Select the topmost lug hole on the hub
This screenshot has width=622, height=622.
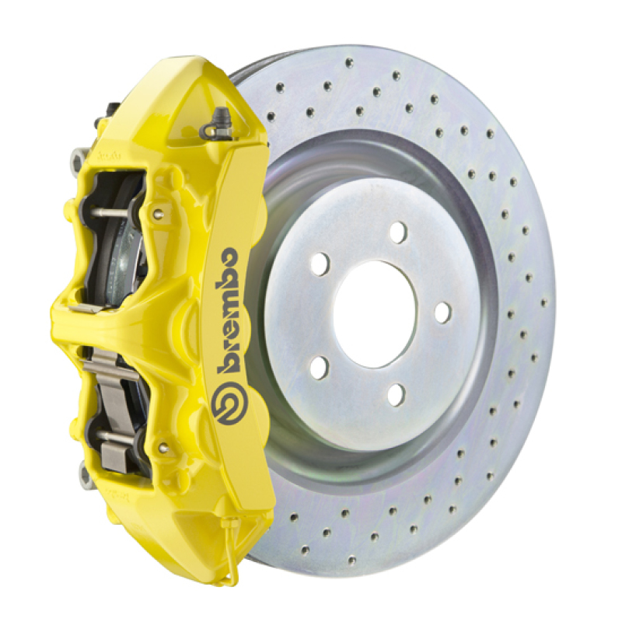(x=398, y=232)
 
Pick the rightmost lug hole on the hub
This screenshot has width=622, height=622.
(x=442, y=313)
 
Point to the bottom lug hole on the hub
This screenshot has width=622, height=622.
(x=397, y=394)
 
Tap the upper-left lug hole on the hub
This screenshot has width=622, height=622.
(x=320, y=264)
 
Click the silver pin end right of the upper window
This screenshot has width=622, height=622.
(x=158, y=215)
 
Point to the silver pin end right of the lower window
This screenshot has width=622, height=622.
(x=162, y=448)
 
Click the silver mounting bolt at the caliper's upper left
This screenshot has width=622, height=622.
(x=78, y=159)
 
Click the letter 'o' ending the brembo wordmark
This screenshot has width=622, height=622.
(x=229, y=257)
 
